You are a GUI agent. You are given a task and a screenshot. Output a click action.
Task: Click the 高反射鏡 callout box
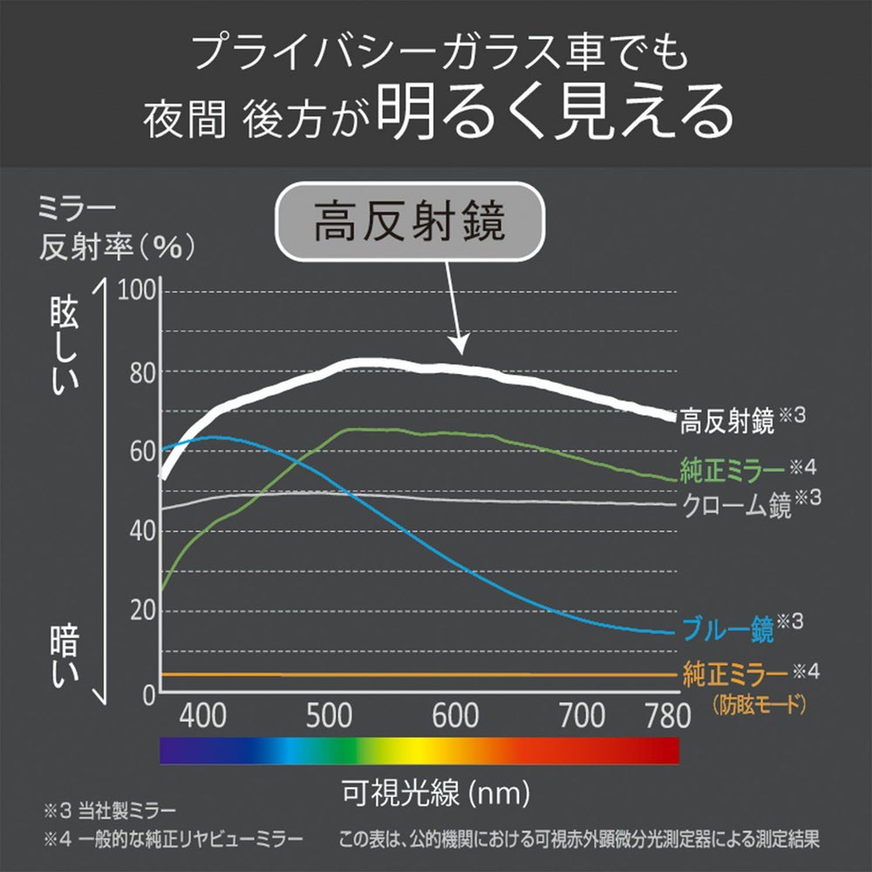pyautogui.click(x=407, y=224)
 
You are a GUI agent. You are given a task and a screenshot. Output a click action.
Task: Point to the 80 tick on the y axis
pyautogui.click(x=140, y=372)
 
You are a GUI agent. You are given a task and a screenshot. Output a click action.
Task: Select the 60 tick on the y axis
pyautogui.click(x=140, y=452)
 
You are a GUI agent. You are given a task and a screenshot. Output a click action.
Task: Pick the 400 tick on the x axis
pyautogui.click(x=204, y=716)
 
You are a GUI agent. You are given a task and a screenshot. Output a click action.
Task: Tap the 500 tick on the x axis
pyautogui.click(x=329, y=716)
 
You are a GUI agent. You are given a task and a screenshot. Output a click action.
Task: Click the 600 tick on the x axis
pyautogui.click(x=454, y=716)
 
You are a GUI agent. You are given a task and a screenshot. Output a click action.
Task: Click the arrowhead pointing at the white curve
pyautogui.click(x=460, y=346)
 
